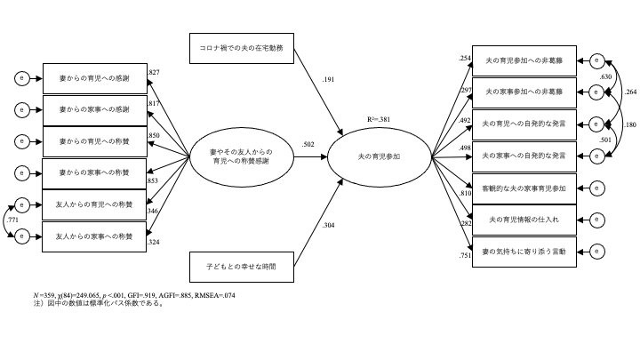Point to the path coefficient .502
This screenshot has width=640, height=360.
(309, 145)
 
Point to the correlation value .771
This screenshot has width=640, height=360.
(12, 219)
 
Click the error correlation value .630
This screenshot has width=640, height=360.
(606, 78)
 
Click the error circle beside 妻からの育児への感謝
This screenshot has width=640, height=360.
(20, 79)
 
